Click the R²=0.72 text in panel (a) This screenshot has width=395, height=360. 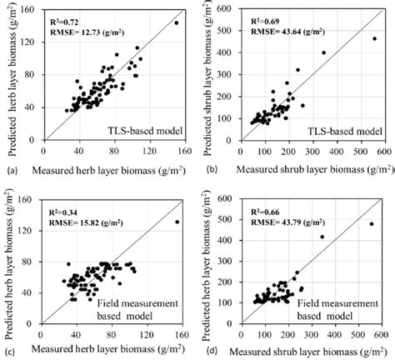click(67, 17)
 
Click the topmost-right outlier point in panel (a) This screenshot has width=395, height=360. click(177, 23)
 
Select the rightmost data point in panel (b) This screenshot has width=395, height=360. click(374, 38)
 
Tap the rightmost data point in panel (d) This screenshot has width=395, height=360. click(372, 223)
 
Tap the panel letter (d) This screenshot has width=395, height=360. click(203, 352)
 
